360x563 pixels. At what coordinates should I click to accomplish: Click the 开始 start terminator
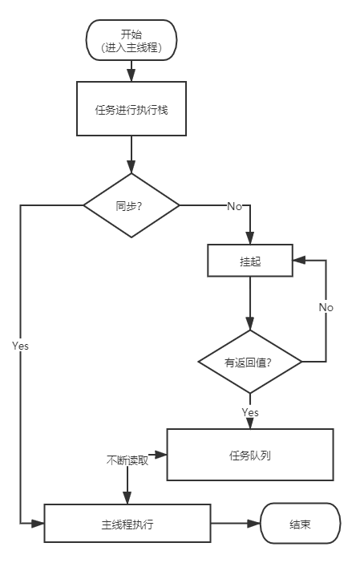[x=131, y=40]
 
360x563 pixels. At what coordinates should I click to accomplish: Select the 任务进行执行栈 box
[x=131, y=109]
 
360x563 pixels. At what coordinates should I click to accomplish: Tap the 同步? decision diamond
[x=131, y=205]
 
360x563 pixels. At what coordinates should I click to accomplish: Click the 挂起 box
[x=250, y=261]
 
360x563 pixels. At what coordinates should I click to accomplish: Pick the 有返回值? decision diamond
[x=250, y=362]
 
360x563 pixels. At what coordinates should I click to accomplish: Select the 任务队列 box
[x=250, y=455]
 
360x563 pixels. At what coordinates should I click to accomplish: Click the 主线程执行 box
[x=127, y=525]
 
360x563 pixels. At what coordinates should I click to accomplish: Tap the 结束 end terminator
[x=301, y=525]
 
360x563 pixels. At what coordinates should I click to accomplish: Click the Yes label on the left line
[x=21, y=345]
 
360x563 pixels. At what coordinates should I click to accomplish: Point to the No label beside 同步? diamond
[x=235, y=207]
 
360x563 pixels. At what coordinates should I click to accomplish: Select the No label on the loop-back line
[x=326, y=307]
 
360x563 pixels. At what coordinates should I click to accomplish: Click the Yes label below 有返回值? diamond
[x=250, y=411]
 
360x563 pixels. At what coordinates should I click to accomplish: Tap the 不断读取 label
[x=127, y=460]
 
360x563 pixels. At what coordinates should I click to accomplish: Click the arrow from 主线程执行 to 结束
[x=236, y=525]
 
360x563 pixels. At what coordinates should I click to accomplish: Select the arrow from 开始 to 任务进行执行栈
[x=131, y=71]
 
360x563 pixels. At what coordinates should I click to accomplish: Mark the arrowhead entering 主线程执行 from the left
[x=37, y=525]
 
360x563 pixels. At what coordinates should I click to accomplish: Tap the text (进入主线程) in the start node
[x=131, y=48]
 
